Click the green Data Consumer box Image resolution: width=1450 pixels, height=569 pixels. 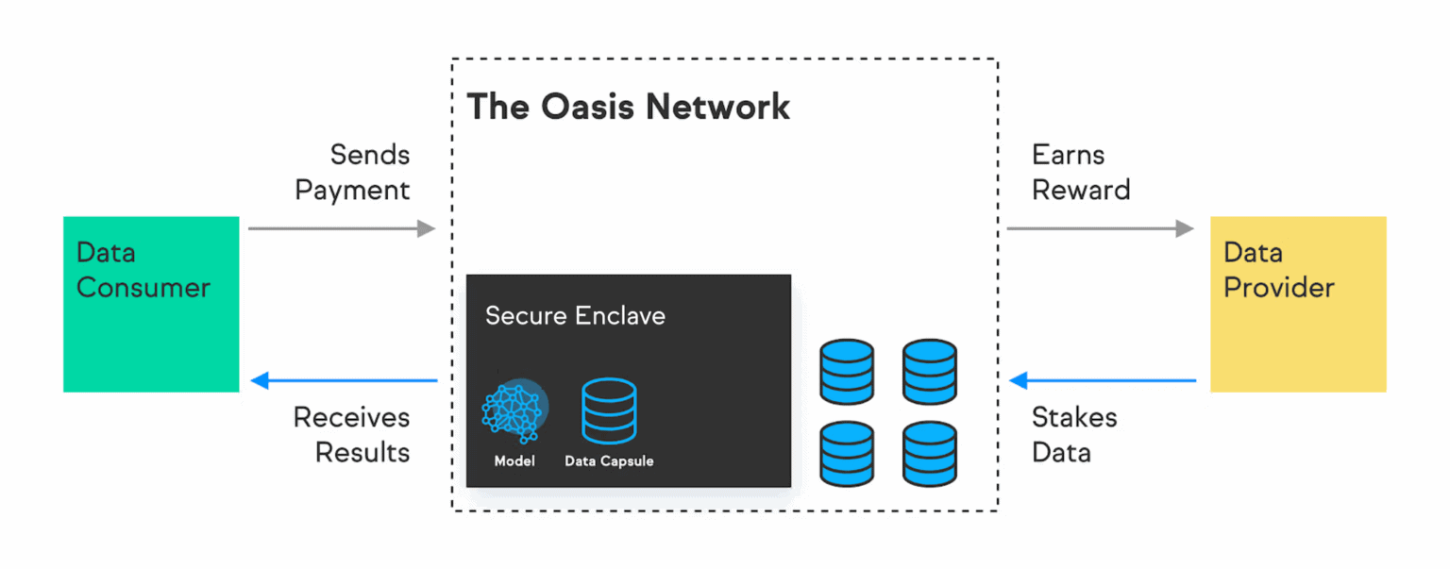[x=151, y=304]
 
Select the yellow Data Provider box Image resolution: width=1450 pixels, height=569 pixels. [x=1298, y=304]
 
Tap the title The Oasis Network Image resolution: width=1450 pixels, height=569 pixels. [x=629, y=107]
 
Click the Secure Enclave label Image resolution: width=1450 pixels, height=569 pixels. [x=575, y=315]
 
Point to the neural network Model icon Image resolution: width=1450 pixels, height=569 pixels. [x=513, y=411]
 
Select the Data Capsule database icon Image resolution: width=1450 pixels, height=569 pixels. [x=609, y=411]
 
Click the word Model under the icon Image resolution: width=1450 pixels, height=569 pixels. [x=514, y=461]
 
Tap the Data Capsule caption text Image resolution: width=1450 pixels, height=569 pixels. [x=609, y=461]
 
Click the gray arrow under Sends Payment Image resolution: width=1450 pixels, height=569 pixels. [x=341, y=228]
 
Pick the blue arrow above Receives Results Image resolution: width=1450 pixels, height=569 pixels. [x=345, y=381]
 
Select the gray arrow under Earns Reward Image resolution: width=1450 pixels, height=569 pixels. [x=1100, y=228]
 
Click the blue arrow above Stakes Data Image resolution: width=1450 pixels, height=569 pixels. [x=1103, y=381]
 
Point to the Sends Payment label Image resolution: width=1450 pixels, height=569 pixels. [x=353, y=172]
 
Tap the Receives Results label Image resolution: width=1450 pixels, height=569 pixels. [x=352, y=434]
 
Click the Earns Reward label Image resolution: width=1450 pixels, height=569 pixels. [x=1081, y=172]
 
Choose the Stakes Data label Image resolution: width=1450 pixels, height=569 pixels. [x=1074, y=434]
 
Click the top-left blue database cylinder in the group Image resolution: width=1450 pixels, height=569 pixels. [x=847, y=372]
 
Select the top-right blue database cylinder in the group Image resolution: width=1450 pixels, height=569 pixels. [x=929, y=372]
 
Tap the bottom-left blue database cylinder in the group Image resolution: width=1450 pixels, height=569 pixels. [x=847, y=453]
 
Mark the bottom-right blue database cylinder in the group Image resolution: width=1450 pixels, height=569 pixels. [x=929, y=453]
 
